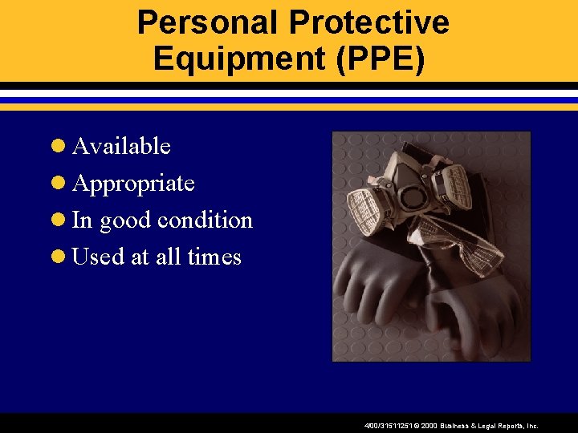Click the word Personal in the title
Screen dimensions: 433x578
click(208, 22)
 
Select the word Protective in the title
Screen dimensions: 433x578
click(369, 22)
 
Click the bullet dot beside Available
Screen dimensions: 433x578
click(58, 147)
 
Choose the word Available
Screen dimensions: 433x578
click(121, 146)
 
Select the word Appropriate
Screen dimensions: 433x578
click(133, 184)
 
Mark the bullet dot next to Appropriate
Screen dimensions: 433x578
click(58, 184)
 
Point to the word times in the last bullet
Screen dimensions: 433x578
click(214, 257)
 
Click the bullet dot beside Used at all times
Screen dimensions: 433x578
click(58, 257)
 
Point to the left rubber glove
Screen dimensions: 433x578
click(377, 281)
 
